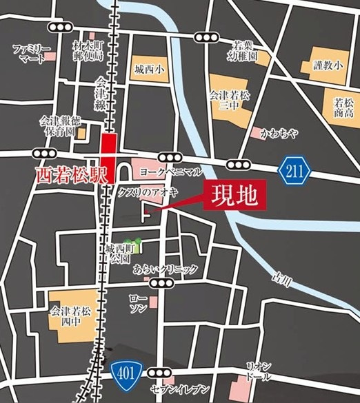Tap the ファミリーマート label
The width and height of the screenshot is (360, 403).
32,54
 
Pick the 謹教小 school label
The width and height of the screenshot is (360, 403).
328,66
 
